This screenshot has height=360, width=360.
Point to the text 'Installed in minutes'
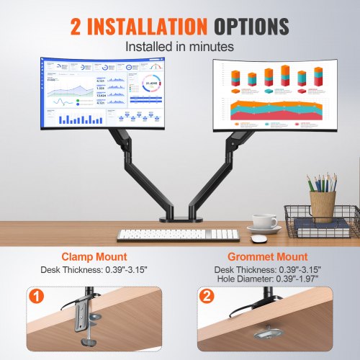tap(179, 45)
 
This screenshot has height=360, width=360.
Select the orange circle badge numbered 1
tap(36, 296)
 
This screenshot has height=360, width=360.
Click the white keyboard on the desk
tap(177, 235)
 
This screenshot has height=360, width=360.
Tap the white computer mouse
tap(258, 238)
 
